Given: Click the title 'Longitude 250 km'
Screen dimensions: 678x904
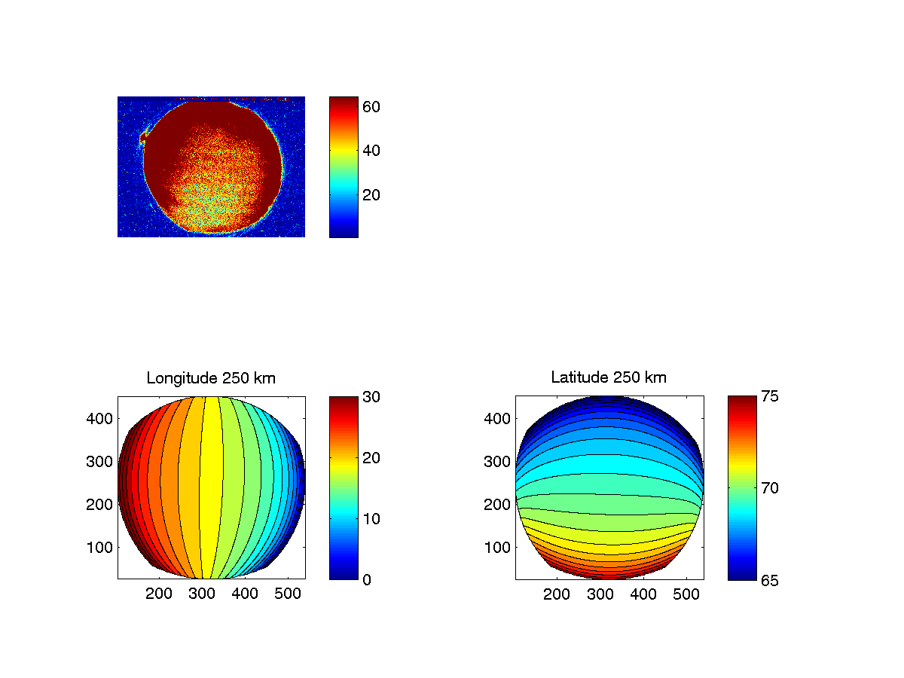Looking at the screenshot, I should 211,378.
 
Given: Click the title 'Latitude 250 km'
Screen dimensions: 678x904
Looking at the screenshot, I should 609,378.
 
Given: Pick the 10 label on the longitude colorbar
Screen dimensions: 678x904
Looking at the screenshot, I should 371,518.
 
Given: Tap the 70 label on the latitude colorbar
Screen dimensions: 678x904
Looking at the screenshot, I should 769,488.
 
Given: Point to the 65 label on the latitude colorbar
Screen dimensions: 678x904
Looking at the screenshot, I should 769,579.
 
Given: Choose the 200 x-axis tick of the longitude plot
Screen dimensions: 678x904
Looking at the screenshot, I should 159,594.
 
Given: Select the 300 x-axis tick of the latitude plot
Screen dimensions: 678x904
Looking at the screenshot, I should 600,594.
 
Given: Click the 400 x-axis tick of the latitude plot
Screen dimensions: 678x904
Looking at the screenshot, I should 643,594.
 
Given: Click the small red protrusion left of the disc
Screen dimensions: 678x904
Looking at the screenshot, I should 142,137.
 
